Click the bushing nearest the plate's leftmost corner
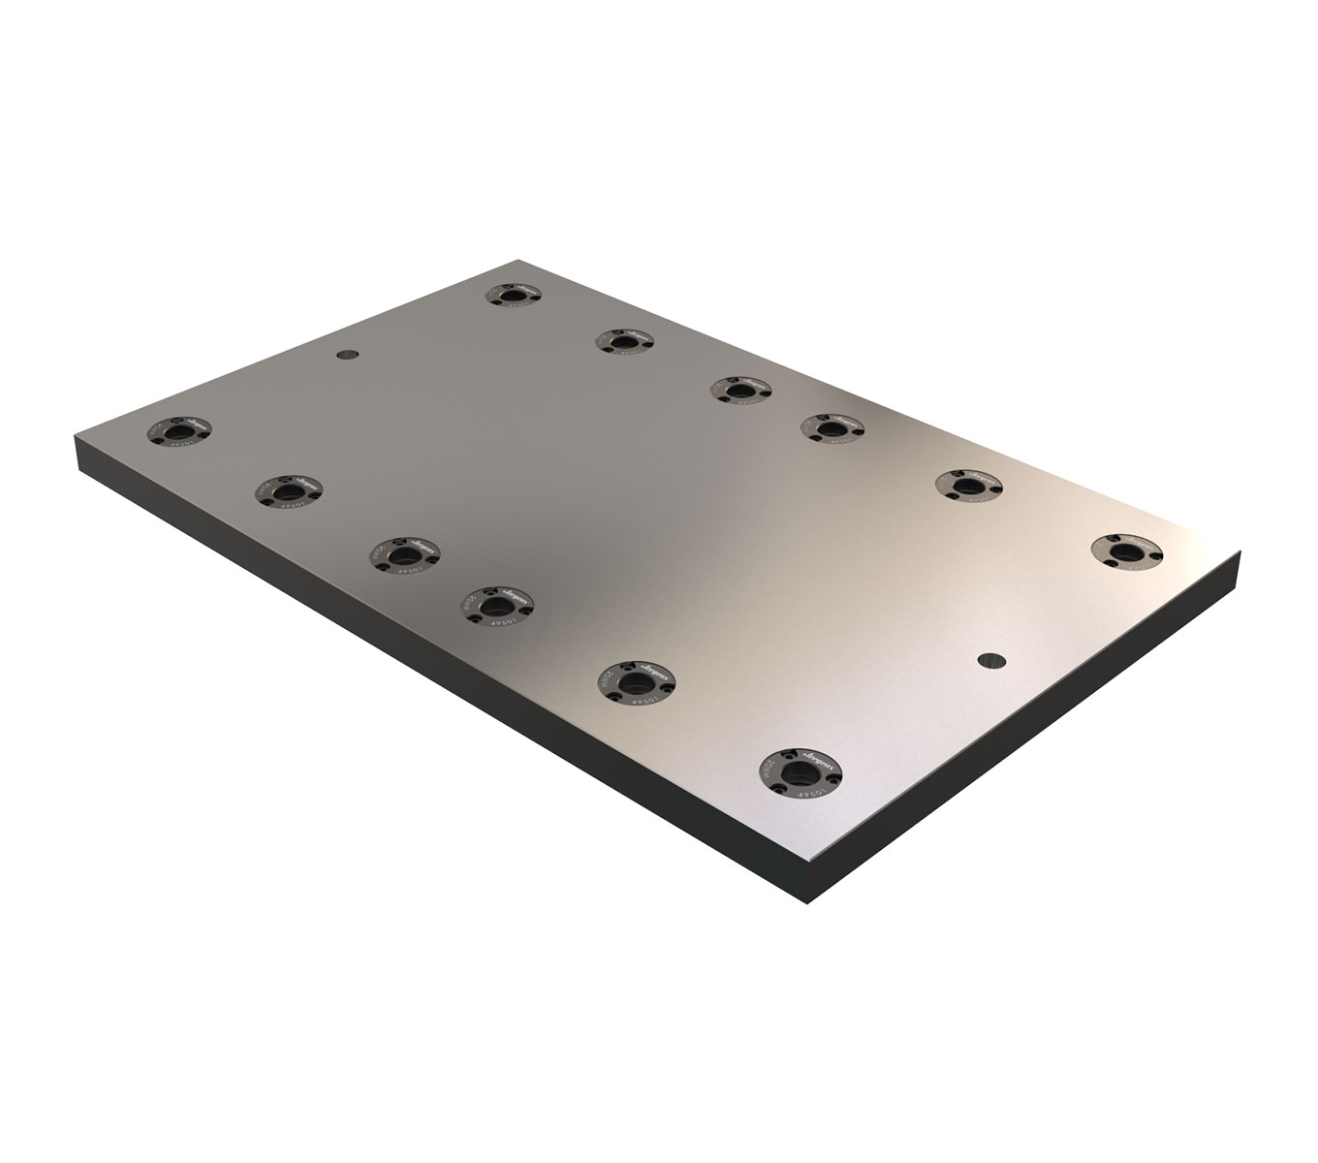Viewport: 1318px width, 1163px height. click(x=177, y=430)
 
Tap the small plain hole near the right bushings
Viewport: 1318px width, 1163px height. click(x=988, y=659)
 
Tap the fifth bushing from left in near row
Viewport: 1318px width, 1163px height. click(x=636, y=677)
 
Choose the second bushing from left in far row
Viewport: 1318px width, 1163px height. click(x=624, y=342)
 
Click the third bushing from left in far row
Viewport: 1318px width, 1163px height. click(x=740, y=391)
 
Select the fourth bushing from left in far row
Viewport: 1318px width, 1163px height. click(x=832, y=427)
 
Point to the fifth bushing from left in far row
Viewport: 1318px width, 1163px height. click(x=969, y=485)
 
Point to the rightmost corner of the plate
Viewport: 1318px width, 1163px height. click(x=1240, y=554)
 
